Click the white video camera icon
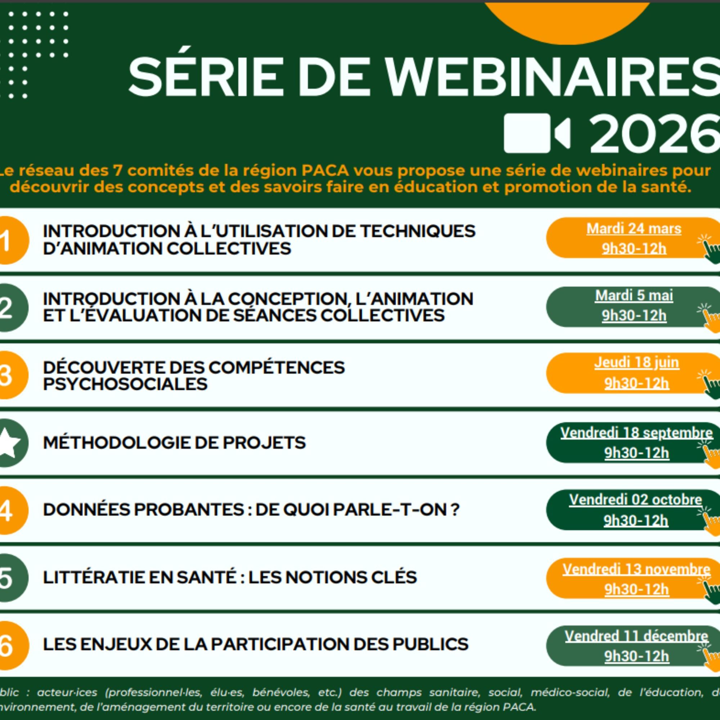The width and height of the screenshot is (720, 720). [537, 133]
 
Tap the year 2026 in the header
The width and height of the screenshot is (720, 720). [654, 133]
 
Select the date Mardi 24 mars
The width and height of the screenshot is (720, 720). [634, 229]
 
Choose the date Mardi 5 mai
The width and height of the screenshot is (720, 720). [634, 296]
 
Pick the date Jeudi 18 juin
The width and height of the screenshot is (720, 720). [636, 363]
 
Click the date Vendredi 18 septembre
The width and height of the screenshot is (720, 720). [636, 433]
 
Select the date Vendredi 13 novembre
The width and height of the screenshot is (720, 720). [636, 569]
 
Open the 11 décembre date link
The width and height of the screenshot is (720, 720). [636, 636]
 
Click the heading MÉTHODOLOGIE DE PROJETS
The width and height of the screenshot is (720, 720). [174, 443]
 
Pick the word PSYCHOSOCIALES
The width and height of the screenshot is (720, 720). [125, 384]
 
